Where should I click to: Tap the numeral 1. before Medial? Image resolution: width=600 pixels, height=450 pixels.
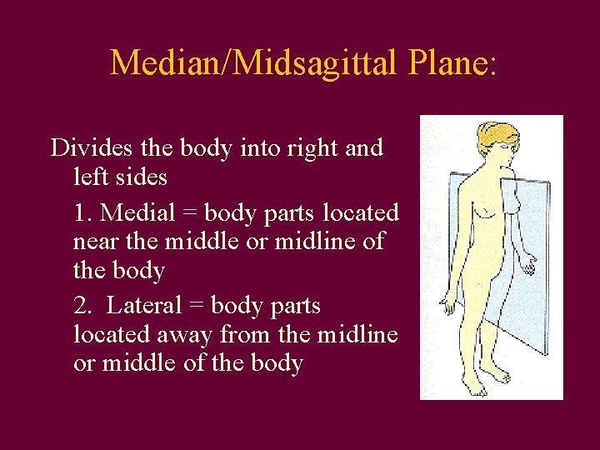83,212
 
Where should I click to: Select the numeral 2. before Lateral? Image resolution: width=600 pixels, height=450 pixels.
83,306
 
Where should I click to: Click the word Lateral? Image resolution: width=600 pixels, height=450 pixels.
142,306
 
